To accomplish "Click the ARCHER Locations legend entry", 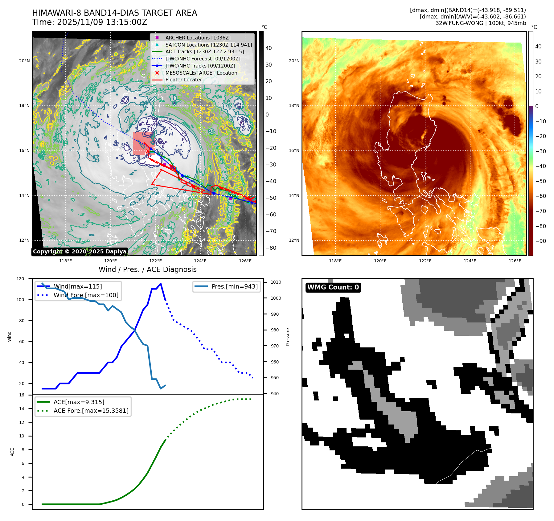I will pos(198,38).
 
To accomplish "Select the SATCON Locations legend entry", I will pos(208,45).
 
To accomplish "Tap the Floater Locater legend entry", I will pos(183,80).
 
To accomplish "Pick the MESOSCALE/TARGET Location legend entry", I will pos(201,73).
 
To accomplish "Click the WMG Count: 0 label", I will pos(333,287).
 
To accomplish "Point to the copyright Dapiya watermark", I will pos(80,252).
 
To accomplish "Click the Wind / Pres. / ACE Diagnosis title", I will pos(147,269).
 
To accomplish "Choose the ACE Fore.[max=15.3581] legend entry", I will pos(91,411).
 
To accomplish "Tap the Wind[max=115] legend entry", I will pos(78,286).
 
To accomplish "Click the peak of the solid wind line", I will pos(161,284).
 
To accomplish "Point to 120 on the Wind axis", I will pos(20,279).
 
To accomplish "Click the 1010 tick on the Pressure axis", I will pos(276,282).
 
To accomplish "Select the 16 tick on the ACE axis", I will pos(22,395).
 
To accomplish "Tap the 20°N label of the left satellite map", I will pos(24,61).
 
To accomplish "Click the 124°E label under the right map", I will pos(470,261).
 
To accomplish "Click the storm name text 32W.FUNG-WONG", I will pos(459,23).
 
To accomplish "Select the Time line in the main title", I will pos(89,23).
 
